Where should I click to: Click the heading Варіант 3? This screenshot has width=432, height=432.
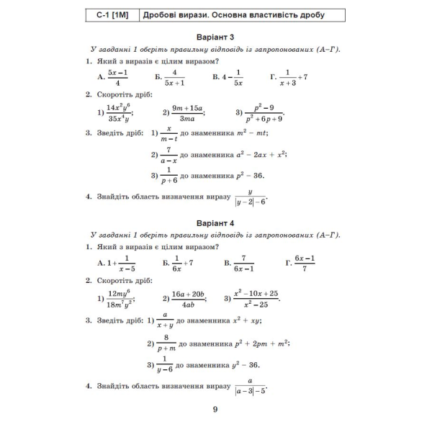[x=215, y=36]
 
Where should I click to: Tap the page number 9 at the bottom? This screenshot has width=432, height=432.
[x=215, y=411]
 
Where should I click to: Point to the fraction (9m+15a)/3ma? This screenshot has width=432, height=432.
[x=188, y=112]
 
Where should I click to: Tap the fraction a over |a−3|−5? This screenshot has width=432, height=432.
[x=250, y=385]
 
